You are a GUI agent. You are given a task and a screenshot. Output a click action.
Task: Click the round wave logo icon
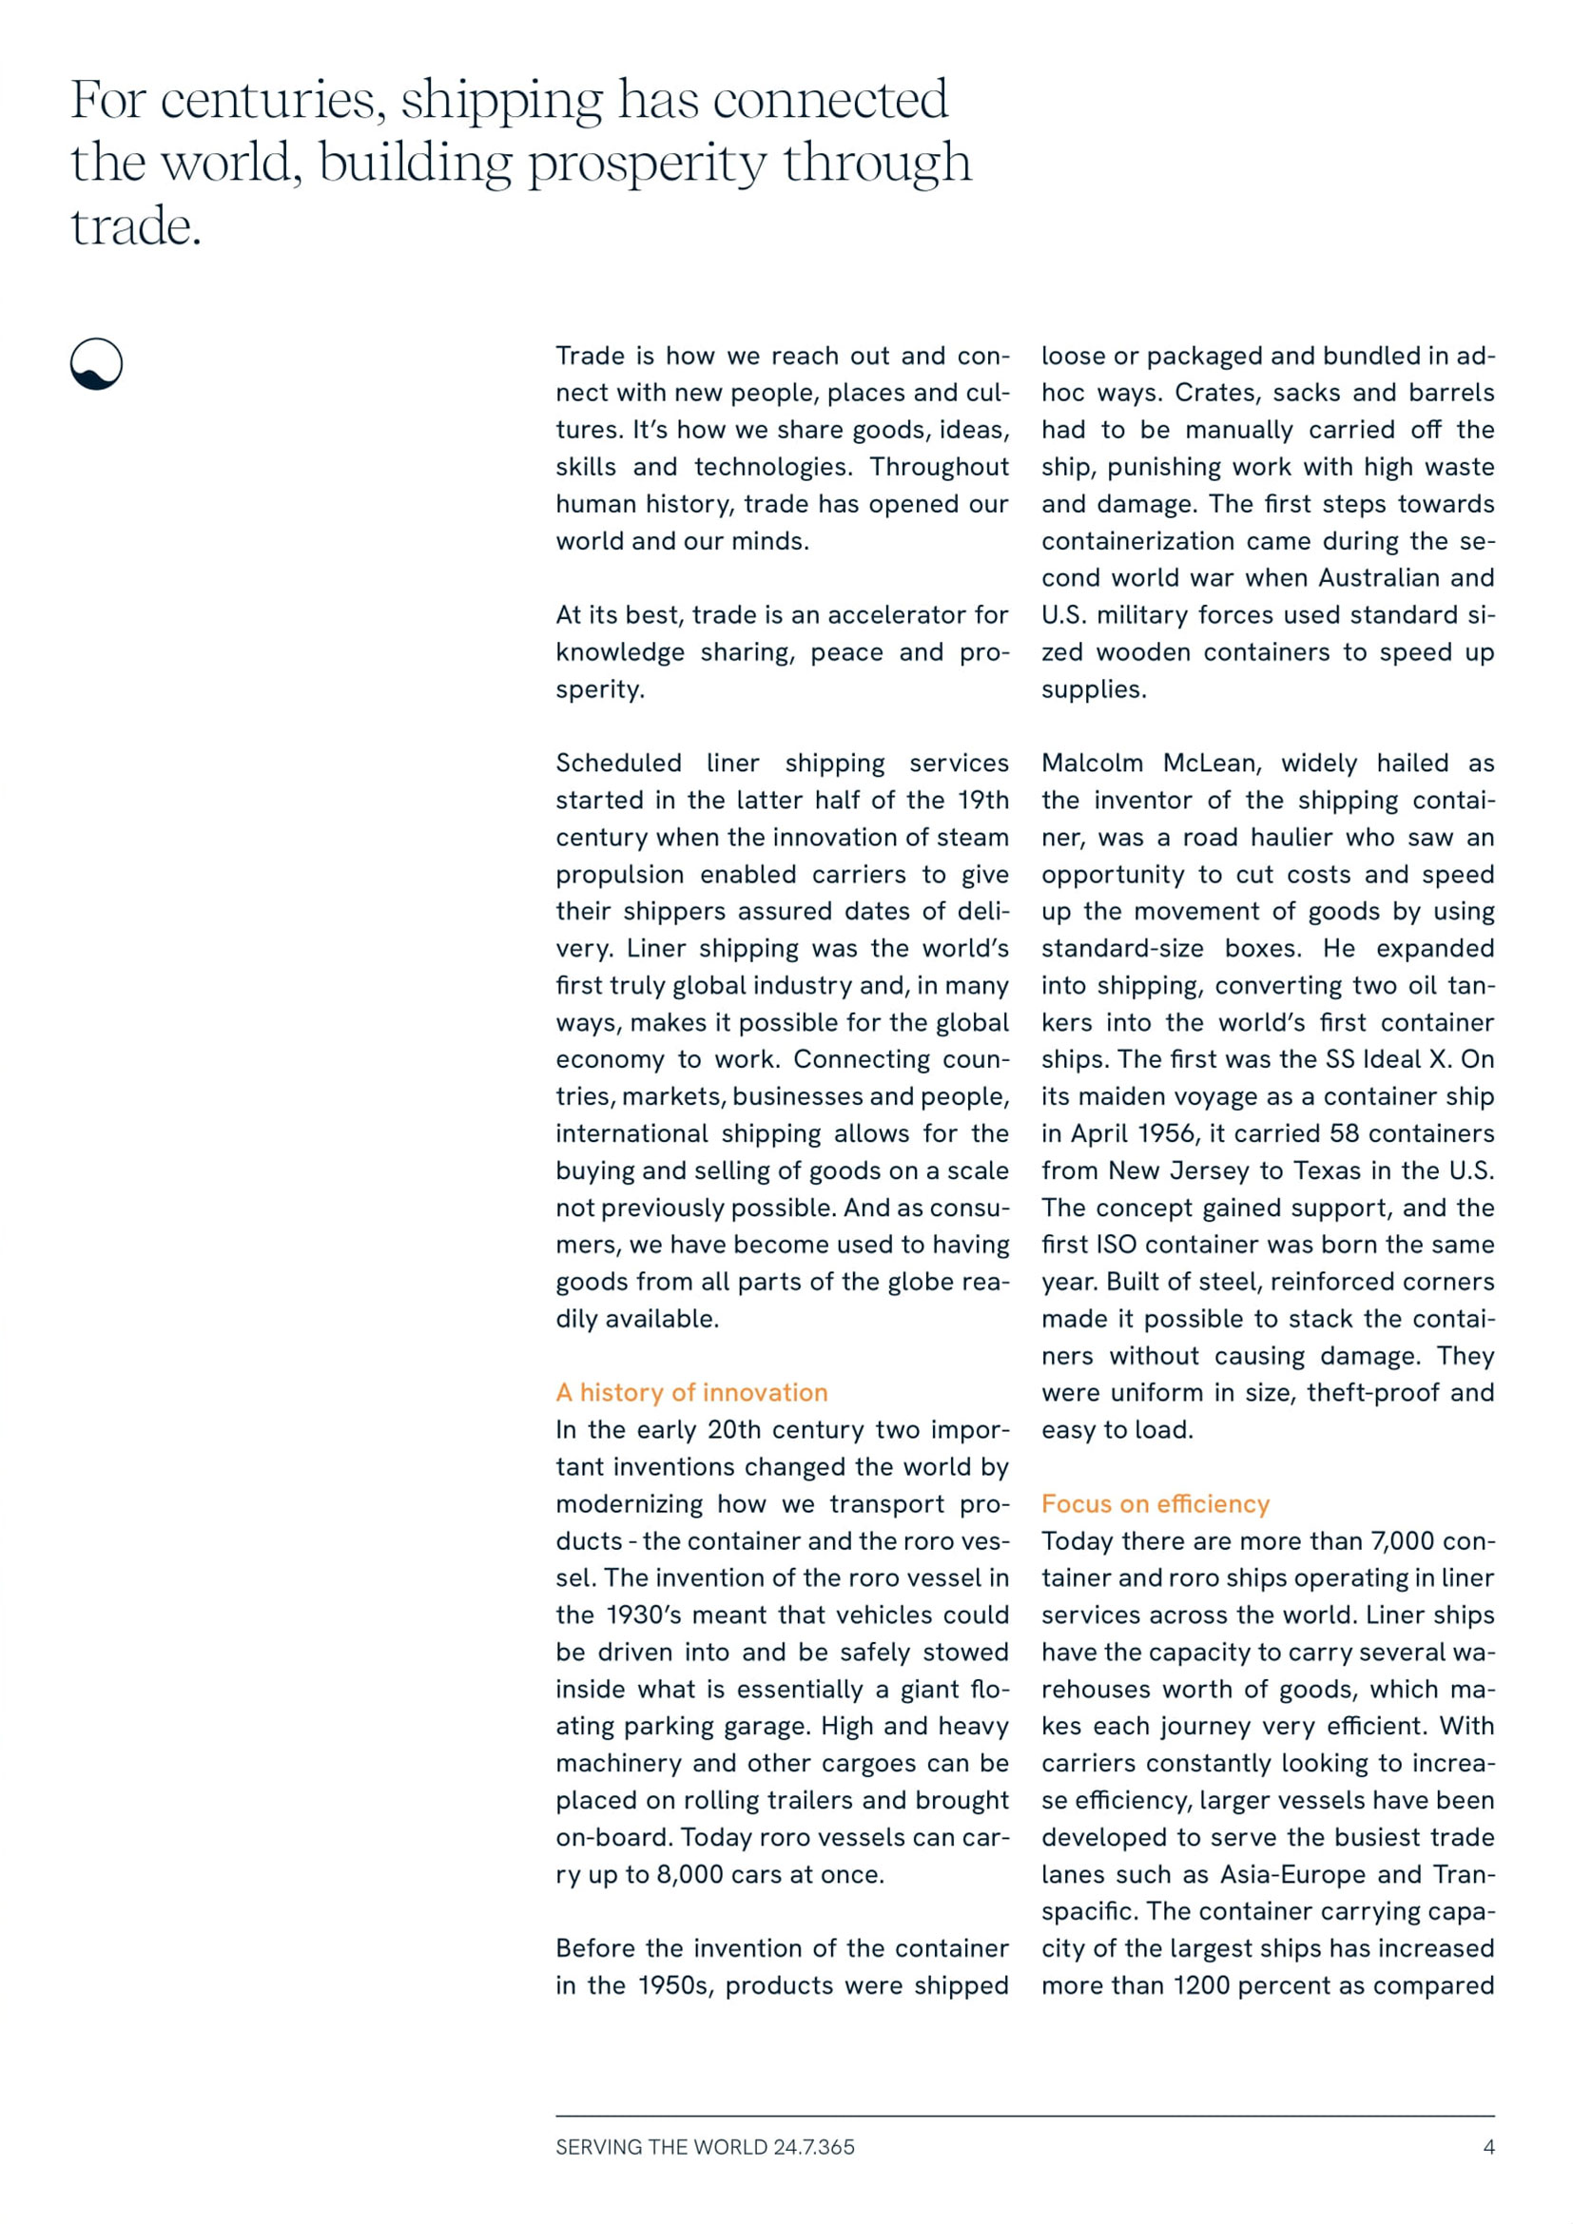[x=97, y=364]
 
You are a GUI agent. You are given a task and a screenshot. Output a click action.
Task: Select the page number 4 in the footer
[x=1488, y=2147]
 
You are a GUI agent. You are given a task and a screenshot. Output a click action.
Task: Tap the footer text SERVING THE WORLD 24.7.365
[x=705, y=2147]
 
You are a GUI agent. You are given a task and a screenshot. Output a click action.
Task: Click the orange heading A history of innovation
[x=691, y=1392]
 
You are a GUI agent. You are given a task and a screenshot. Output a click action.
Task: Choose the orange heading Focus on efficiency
[x=1155, y=1503]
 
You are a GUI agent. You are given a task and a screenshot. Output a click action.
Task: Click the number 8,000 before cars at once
[x=689, y=1874]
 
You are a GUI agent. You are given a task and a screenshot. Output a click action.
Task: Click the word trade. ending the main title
[x=136, y=227]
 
